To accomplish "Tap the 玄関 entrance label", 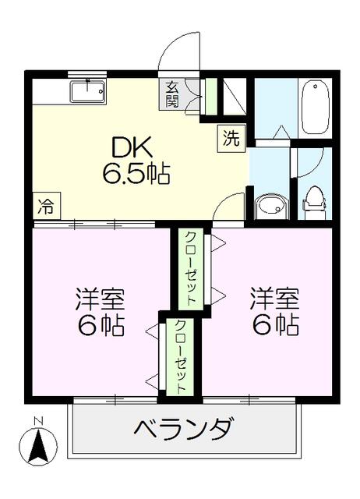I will (171, 94).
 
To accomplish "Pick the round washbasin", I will (270, 206).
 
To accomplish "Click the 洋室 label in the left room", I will (101, 300).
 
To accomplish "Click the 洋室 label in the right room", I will (274, 299).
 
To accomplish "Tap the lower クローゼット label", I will (179, 355).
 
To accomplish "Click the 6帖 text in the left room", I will (101, 326).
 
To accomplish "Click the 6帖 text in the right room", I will (274, 324).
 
